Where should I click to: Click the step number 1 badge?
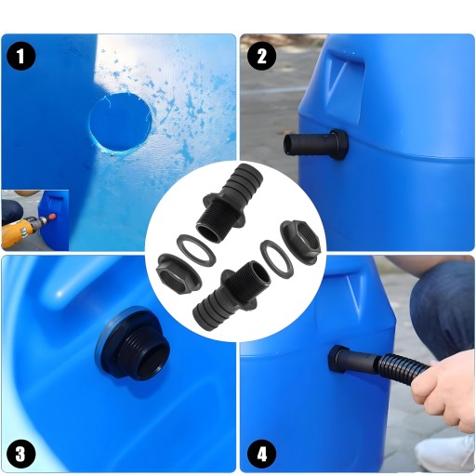(20, 57)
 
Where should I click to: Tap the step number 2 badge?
(262, 57)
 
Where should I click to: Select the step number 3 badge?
(20, 455)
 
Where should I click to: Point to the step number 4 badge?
(262, 455)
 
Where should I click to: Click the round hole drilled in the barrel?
(121, 123)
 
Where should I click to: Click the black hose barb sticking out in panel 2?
(316, 144)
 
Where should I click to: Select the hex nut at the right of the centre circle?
(299, 239)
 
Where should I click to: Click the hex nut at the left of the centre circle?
(178, 272)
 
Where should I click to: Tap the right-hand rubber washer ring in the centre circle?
(276, 258)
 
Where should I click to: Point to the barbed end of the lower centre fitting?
(212, 309)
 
